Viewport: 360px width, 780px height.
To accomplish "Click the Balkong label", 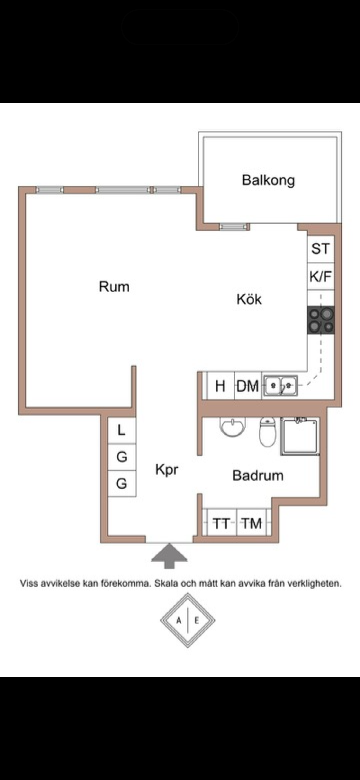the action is [x=268, y=180].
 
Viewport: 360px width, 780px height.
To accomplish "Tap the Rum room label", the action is [x=114, y=287].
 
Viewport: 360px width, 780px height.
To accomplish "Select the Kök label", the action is [x=249, y=299].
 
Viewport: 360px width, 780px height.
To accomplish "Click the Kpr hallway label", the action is [x=167, y=470].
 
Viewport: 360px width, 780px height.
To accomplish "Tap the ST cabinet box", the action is [x=321, y=249].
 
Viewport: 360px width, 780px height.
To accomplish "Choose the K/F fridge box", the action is [x=321, y=276].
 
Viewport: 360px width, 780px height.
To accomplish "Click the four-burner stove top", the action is [x=321, y=320].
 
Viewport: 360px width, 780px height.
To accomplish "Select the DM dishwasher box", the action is [x=248, y=386].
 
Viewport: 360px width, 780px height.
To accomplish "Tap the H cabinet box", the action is [x=220, y=386].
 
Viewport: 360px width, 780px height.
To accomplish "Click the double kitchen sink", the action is [x=281, y=385].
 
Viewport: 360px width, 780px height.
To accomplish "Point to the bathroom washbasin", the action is [x=233, y=427].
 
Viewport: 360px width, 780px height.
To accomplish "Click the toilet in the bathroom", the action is [x=267, y=432].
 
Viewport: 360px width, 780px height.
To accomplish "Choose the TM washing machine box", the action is [x=252, y=523].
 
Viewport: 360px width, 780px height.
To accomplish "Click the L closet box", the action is [x=122, y=430].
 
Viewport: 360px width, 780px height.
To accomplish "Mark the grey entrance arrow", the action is [x=169, y=556].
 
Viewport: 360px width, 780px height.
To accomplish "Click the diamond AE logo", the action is [x=188, y=620].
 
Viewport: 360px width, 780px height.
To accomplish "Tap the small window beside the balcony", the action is [x=232, y=227].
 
